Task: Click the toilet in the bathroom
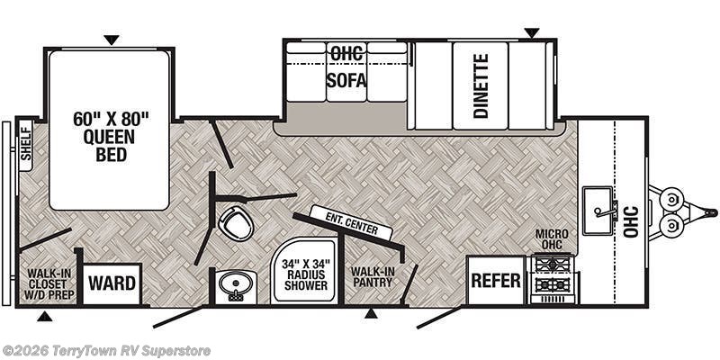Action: (x=238, y=222)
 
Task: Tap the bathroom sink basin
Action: (x=236, y=285)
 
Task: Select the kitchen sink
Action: (x=598, y=211)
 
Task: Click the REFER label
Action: (x=496, y=280)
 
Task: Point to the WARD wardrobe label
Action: (x=112, y=283)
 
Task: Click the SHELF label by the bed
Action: (x=26, y=144)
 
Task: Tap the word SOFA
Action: (x=346, y=80)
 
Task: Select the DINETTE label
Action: (x=481, y=85)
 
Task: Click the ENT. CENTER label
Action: (x=353, y=222)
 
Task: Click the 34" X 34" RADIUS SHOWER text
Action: (x=306, y=275)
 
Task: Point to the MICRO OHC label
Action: (x=552, y=239)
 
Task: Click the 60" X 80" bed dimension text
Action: (x=111, y=119)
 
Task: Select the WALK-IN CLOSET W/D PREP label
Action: (x=50, y=283)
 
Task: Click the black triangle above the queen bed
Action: (x=111, y=40)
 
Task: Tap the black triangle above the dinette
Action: (x=532, y=33)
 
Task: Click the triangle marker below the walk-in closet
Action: (x=44, y=316)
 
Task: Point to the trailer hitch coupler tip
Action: (x=712, y=212)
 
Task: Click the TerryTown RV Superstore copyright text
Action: (x=106, y=351)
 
